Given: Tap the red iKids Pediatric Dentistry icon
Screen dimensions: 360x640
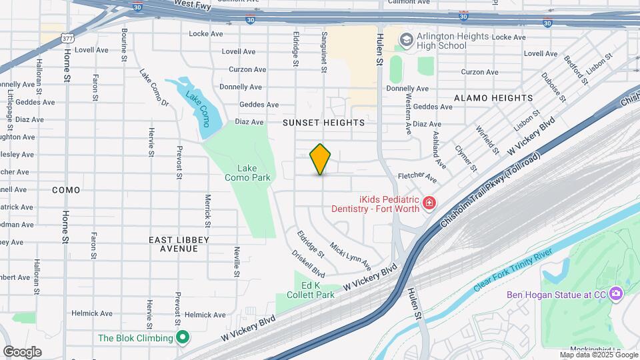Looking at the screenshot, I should pos(429,201).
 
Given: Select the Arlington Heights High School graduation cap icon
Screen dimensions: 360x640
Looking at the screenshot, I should pos(405,40).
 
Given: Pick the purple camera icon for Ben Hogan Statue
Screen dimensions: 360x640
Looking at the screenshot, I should pos(616,293).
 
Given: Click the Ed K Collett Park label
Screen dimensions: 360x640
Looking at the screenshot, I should pos(310,289).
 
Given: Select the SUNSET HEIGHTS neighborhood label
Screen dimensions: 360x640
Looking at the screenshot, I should pos(323,123).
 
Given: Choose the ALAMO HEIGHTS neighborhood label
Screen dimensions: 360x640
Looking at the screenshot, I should pos(493,98).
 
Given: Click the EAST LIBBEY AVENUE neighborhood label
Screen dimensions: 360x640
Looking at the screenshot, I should pos(179,244).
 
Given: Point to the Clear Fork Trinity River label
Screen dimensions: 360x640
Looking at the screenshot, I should pos(513,271).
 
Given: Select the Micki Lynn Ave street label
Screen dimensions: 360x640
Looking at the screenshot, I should pos(351,256).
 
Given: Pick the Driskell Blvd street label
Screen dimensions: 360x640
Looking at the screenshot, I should pos(308,263).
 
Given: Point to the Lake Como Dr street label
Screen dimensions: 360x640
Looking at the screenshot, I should pos(154,88).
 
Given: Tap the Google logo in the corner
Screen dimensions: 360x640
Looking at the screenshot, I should pos(22,352).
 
